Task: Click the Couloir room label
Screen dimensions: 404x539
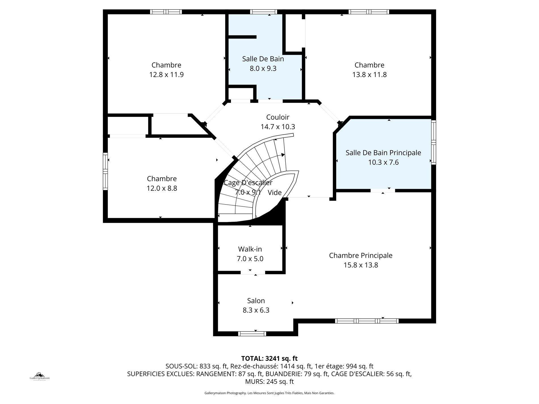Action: (x=277, y=117)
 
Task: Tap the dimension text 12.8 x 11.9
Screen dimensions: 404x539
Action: (x=166, y=75)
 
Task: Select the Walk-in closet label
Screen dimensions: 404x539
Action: (x=250, y=249)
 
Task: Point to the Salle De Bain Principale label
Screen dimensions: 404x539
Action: (x=383, y=153)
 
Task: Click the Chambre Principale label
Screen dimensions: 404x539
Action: (x=361, y=255)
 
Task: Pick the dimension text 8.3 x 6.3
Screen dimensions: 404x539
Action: (x=256, y=310)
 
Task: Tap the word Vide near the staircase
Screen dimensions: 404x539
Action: (x=275, y=193)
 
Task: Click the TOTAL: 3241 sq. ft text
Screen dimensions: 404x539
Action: (x=269, y=358)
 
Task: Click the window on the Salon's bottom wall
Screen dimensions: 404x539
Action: (x=252, y=334)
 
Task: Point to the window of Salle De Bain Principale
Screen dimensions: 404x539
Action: (x=433, y=142)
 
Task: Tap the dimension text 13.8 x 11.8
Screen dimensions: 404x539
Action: (x=369, y=75)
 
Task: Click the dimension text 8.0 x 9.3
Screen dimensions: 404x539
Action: (x=263, y=69)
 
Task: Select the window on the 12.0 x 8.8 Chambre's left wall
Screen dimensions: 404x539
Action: (x=105, y=171)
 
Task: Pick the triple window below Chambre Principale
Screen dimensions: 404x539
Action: (x=367, y=321)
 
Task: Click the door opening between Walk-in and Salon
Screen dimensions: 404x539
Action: (x=253, y=273)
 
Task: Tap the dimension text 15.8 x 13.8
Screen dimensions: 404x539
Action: (x=361, y=265)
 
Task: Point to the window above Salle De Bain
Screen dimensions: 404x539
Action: (x=263, y=12)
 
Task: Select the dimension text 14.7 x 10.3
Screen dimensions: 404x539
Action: (x=277, y=127)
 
